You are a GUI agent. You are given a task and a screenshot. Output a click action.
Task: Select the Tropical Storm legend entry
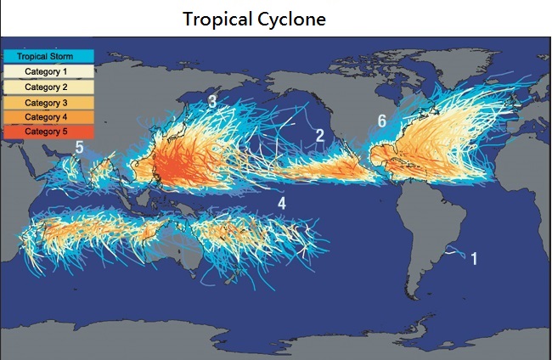[48, 56]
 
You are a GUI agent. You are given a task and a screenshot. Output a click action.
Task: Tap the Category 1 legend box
[48, 71]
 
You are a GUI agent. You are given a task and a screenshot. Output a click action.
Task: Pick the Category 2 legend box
[48, 87]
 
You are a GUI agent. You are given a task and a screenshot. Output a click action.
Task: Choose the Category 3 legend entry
[48, 102]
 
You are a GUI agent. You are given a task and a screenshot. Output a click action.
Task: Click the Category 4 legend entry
[48, 116]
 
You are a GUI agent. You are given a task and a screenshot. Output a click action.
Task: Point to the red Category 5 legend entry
[48, 132]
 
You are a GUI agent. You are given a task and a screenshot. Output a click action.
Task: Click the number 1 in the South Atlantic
[475, 258]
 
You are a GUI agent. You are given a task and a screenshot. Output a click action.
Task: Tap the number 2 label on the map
[320, 135]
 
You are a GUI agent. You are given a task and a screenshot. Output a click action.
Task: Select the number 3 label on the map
[212, 103]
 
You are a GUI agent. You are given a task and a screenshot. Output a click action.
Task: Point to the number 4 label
[282, 203]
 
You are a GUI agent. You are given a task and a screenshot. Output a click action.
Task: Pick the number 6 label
[382, 121]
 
